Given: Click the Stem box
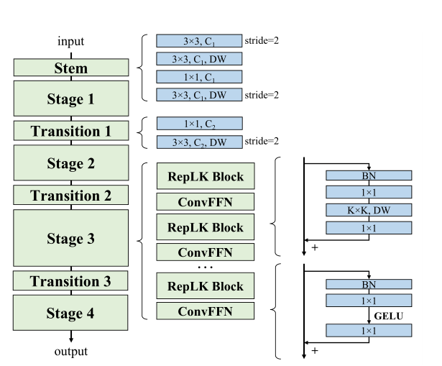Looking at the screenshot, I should click(x=71, y=68).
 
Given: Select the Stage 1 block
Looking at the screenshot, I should click(x=71, y=99).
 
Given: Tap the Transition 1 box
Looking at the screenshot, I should click(x=71, y=131).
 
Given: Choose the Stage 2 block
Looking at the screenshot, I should click(x=71, y=163).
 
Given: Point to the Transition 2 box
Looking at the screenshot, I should click(x=71, y=195).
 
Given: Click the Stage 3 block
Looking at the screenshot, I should click(x=71, y=238).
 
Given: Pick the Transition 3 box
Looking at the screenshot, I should click(x=71, y=280).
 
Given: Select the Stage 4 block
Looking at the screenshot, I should click(x=71, y=313).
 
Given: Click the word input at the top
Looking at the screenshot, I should click(x=71, y=42).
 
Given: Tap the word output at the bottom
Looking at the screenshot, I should click(x=71, y=351).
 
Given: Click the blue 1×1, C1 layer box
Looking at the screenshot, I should click(x=199, y=76).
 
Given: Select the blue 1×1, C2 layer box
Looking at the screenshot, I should click(x=199, y=124).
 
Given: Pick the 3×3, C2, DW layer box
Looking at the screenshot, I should click(x=199, y=142).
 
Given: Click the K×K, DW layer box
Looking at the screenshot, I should click(x=369, y=210).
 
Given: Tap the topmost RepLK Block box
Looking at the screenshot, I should click(x=206, y=176).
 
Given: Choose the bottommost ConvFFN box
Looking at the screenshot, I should click(x=206, y=311).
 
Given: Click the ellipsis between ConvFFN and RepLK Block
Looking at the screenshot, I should click(x=206, y=267).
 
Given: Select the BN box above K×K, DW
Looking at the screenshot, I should click(x=369, y=175).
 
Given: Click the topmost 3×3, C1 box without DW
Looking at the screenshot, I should click(x=199, y=42).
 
